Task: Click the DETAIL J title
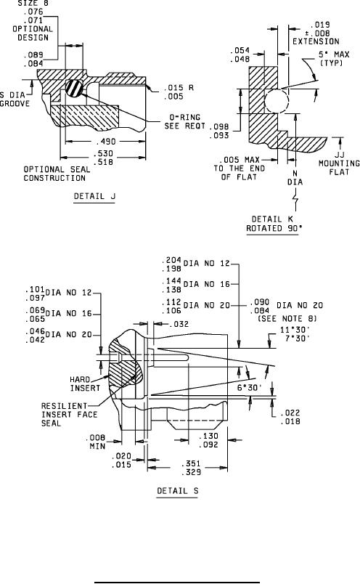pyautogui.click(x=94, y=196)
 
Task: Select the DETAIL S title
pyautogui.click(x=178, y=491)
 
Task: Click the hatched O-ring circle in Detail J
pyautogui.click(x=74, y=89)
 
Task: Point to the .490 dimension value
pyautogui.click(x=106, y=142)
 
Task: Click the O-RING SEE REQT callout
pyautogui.click(x=184, y=121)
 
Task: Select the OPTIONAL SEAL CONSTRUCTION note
pyautogui.click(x=57, y=174)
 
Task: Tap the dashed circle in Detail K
pyautogui.click(x=277, y=101)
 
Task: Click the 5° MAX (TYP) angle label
pyautogui.click(x=334, y=59)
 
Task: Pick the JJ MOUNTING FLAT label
pyautogui.click(x=339, y=163)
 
